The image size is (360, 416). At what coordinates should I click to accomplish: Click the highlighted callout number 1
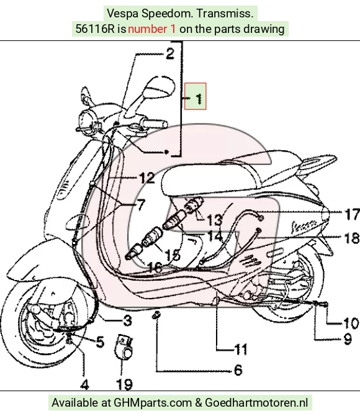click(x=199, y=99)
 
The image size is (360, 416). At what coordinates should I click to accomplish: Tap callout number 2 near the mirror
click(x=170, y=53)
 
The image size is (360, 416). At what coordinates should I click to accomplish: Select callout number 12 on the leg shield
click(x=147, y=178)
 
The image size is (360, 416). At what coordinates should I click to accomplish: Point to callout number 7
click(x=142, y=204)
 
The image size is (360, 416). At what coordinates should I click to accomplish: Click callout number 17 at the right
click(x=353, y=214)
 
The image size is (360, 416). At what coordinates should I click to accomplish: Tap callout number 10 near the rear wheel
click(x=351, y=323)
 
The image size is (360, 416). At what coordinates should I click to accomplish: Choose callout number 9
click(x=348, y=339)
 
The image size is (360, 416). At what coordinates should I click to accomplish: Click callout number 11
click(x=241, y=349)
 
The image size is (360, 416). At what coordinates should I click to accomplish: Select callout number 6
click(x=238, y=370)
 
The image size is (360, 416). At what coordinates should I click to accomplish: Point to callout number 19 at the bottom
click(x=124, y=384)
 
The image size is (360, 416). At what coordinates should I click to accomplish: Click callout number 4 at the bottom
click(x=84, y=384)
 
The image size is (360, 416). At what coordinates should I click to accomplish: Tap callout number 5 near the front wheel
click(x=100, y=341)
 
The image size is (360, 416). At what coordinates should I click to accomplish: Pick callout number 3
click(x=128, y=320)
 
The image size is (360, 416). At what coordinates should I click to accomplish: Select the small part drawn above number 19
click(x=124, y=347)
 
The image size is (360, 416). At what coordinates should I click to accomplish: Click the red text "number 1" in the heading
click(x=151, y=29)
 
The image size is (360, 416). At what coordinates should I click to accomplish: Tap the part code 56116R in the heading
click(x=95, y=29)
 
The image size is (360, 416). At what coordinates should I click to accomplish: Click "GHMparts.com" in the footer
click(x=153, y=403)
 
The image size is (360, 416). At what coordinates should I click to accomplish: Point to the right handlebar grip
click(x=155, y=124)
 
